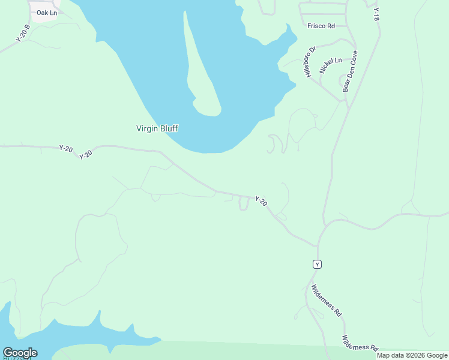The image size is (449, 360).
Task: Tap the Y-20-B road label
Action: click(23, 33)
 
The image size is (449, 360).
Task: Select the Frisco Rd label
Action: click(321, 26)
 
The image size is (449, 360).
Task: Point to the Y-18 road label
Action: click(376, 14)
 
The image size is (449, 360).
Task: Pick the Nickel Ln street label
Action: click(330, 65)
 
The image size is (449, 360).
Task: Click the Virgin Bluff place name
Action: click(157, 128)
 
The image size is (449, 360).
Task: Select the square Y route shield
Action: click(318, 264)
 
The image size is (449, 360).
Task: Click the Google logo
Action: click(20, 353)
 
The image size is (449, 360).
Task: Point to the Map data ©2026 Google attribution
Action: click(412, 355)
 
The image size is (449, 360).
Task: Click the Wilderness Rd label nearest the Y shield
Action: click(326, 300)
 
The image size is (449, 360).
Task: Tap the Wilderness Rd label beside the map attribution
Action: click(360, 343)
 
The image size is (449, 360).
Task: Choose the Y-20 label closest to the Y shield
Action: click(261, 202)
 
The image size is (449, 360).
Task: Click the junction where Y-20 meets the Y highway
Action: click(318, 245)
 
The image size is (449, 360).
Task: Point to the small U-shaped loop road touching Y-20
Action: click(244, 204)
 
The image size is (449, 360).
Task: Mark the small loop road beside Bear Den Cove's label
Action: click(345, 80)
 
